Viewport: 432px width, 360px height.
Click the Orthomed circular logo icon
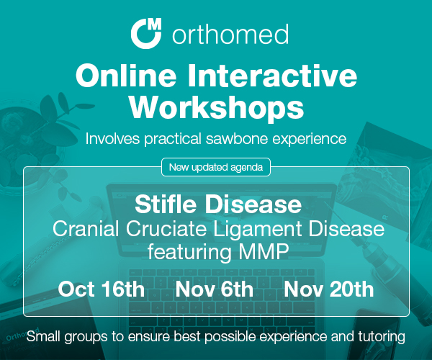146,33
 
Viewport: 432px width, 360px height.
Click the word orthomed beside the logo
230,34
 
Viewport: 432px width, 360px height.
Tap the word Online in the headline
126,75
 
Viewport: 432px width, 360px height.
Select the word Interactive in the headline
272,75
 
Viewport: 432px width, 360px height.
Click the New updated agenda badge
216,167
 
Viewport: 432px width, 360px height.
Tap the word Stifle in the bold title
166,204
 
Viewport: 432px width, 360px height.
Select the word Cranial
86,228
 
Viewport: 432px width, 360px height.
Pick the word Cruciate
166,228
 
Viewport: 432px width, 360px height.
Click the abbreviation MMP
264,251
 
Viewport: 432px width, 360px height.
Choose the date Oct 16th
102,289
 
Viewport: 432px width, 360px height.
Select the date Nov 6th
215,289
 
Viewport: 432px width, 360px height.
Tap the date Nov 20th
329,289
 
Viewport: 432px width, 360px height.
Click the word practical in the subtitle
173,138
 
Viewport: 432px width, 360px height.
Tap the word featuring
189,252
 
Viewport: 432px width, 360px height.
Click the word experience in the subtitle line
310,139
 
